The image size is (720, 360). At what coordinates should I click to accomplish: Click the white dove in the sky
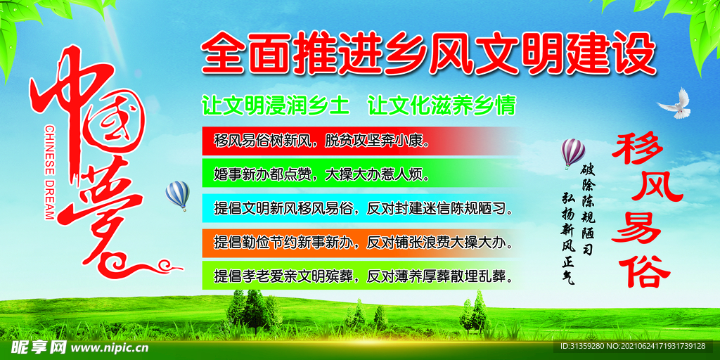coord(675,103)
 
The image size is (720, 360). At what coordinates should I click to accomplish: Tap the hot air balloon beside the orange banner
coord(177,194)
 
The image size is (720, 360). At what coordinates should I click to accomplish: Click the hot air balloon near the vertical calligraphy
coord(573,152)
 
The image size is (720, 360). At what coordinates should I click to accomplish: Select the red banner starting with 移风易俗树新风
coord(352,141)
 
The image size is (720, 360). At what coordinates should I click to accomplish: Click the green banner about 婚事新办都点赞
coord(352,173)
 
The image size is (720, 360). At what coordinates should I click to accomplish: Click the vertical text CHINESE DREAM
coord(49,173)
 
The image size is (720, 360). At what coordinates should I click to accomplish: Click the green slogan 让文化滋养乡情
coord(442,106)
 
